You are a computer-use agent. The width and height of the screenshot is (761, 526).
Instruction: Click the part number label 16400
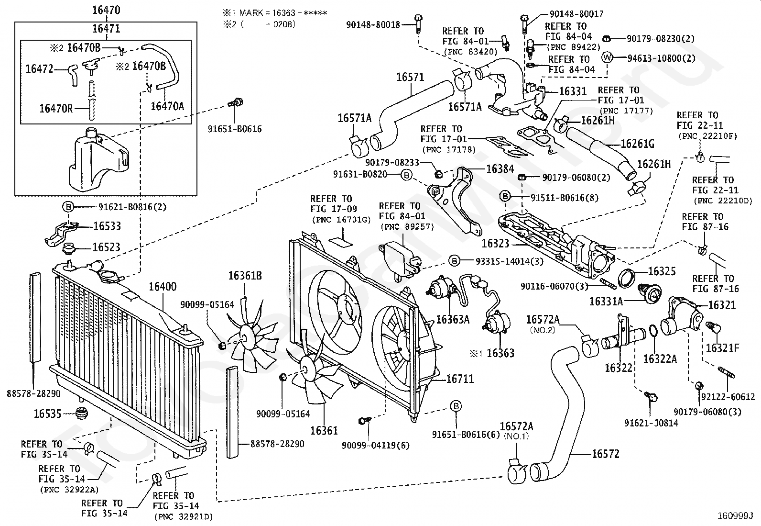pyautogui.click(x=163, y=287)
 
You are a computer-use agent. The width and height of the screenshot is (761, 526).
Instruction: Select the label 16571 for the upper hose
pyautogui.click(x=411, y=77)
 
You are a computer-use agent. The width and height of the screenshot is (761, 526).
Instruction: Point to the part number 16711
pyautogui.click(x=460, y=379)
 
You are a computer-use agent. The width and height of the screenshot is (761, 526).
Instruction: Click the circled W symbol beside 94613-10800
pyautogui.click(x=607, y=57)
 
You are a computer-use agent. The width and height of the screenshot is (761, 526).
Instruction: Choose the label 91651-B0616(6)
pyautogui.click(x=466, y=435)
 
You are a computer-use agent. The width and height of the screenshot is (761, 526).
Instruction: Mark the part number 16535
pyautogui.click(x=47, y=414)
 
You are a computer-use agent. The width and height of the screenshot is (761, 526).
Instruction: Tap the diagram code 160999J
pyautogui.click(x=735, y=516)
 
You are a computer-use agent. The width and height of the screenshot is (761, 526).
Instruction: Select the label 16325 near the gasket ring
pyautogui.click(x=662, y=271)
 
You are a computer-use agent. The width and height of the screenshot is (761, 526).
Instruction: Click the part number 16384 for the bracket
pyautogui.click(x=500, y=169)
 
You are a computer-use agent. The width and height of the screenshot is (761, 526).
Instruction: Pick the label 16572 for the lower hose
pyautogui.click(x=606, y=454)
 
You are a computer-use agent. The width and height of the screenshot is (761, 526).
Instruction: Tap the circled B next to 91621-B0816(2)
pyautogui.click(x=68, y=206)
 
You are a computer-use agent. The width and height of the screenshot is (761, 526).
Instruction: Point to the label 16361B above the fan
pyautogui.click(x=245, y=276)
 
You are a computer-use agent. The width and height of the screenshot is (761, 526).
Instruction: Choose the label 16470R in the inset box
pyautogui.click(x=56, y=109)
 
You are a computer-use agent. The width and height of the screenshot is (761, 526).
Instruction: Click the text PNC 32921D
pyautogui.click(x=184, y=517)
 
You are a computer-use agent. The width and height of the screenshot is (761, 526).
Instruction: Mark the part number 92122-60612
pyautogui.click(x=728, y=397)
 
